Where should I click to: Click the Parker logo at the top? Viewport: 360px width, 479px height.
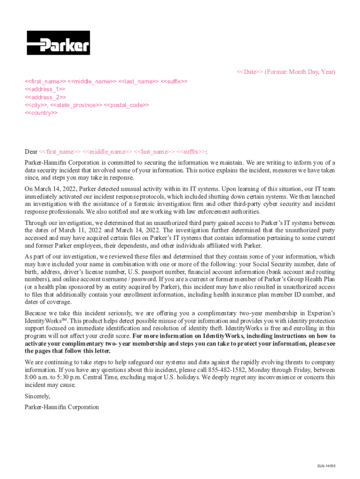tap(58, 43)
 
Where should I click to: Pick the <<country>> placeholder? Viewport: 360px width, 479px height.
tap(41, 113)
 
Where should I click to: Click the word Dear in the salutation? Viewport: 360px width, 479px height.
tap(31, 152)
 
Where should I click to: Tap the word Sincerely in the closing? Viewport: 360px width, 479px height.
tap(37, 396)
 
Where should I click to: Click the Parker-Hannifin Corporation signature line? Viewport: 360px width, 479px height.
tap(62, 407)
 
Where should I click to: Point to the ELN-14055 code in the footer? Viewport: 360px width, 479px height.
tap(326, 466)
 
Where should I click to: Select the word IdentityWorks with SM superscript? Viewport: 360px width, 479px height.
tap(46, 321)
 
